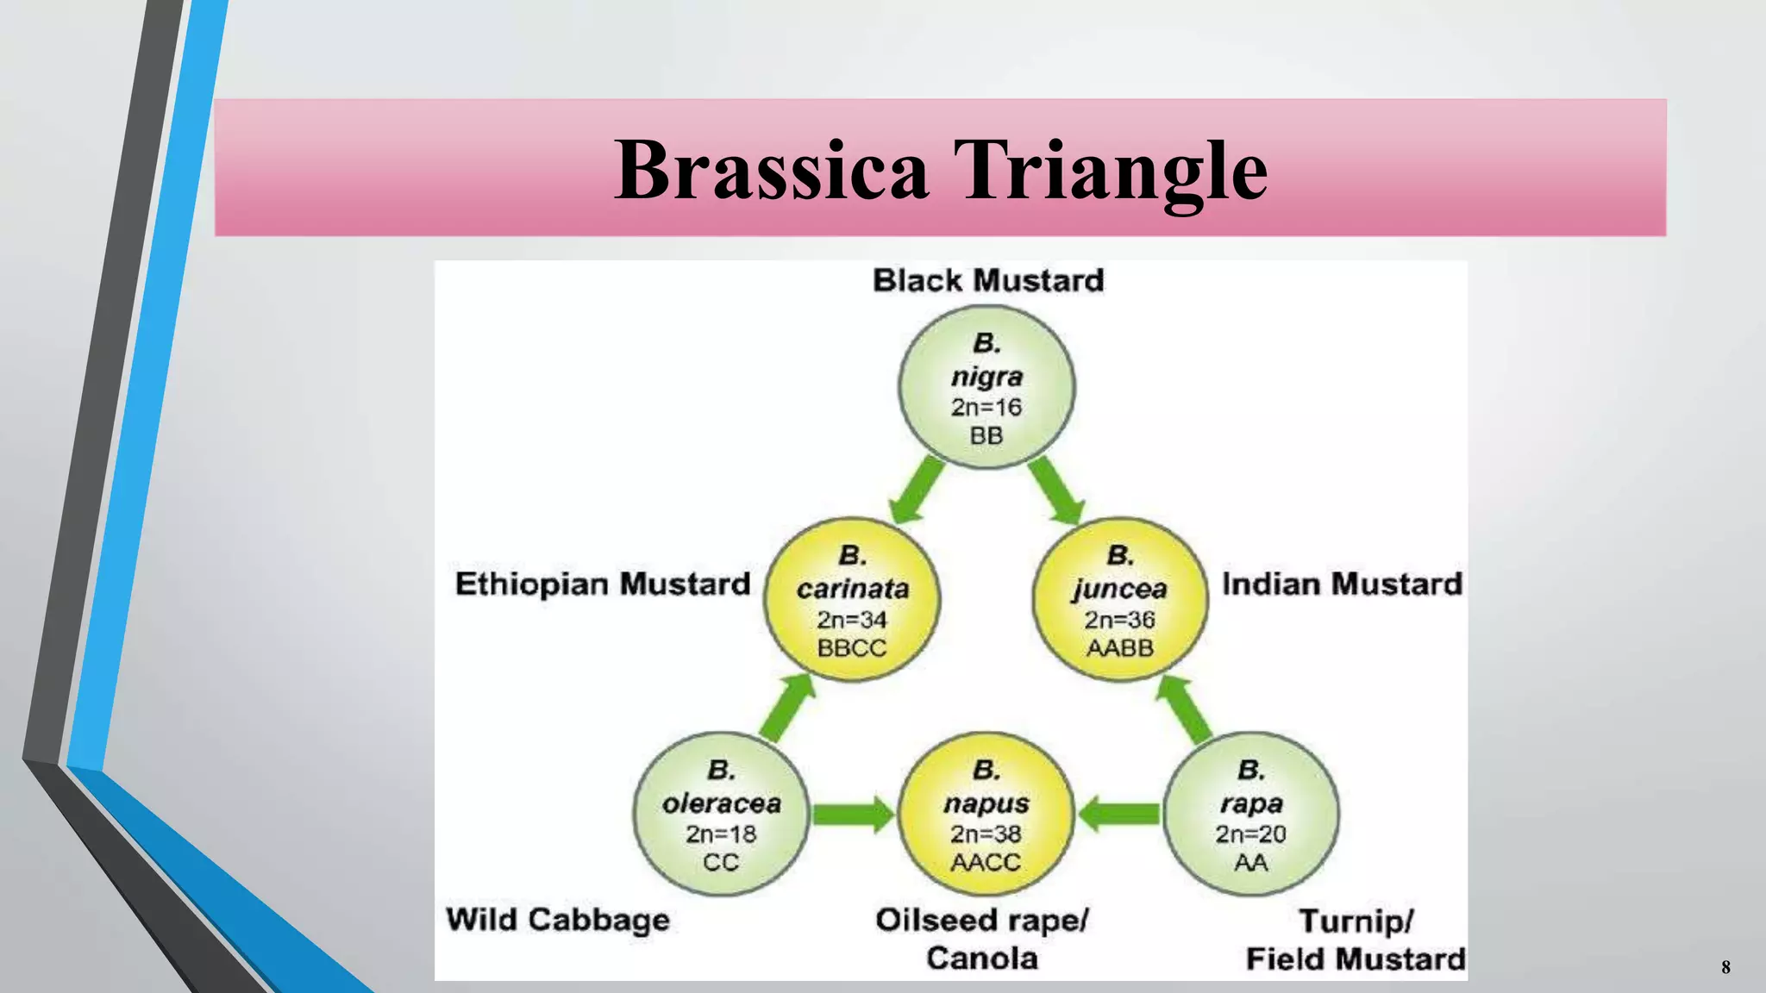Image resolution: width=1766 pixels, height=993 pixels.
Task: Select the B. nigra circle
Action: click(x=986, y=388)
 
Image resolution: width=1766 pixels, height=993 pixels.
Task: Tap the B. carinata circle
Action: click(x=852, y=600)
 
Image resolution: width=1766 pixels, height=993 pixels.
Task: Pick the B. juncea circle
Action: click(x=1119, y=600)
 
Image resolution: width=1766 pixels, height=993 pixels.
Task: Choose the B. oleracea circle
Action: click(x=721, y=815)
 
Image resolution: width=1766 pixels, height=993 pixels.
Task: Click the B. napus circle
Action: click(x=986, y=815)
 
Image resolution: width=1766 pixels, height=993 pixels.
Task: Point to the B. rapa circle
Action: click(x=1250, y=815)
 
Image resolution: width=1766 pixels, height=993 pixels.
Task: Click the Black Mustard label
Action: click(x=988, y=281)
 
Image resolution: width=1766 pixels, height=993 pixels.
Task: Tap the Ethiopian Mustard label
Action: click(x=603, y=584)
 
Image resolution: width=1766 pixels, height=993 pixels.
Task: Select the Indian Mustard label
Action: click(x=1342, y=584)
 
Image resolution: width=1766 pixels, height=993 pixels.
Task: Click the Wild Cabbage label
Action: click(x=558, y=920)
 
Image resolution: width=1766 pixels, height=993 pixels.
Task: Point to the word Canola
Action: click(x=982, y=959)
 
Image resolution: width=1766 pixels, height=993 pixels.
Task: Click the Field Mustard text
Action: click(x=1356, y=959)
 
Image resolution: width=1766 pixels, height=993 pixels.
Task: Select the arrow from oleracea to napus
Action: click(x=853, y=815)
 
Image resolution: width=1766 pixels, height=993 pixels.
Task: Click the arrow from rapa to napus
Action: click(x=1119, y=814)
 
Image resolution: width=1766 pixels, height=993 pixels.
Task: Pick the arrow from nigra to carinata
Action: click(x=917, y=490)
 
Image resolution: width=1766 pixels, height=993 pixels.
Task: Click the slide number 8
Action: click(x=1725, y=967)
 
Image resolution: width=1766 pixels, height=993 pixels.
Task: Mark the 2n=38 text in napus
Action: click(x=986, y=834)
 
